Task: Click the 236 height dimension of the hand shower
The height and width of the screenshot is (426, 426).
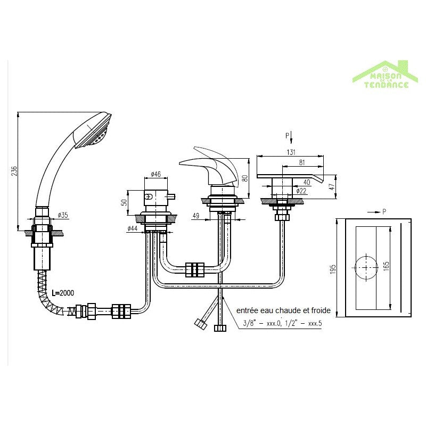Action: (14, 170)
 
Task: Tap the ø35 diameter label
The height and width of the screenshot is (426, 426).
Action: (62, 216)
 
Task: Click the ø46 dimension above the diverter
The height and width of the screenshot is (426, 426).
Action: (157, 174)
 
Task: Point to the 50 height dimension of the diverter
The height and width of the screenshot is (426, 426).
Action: (125, 202)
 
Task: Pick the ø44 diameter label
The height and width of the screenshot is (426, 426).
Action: (134, 229)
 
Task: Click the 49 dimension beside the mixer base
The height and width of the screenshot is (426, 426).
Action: (195, 216)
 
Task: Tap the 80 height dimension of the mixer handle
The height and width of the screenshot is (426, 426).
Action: (244, 178)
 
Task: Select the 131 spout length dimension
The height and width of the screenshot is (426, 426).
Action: (291, 151)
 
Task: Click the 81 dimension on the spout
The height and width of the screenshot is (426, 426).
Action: (301, 162)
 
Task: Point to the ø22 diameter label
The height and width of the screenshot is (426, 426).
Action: (301, 191)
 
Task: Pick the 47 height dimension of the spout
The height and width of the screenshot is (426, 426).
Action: (331, 186)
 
